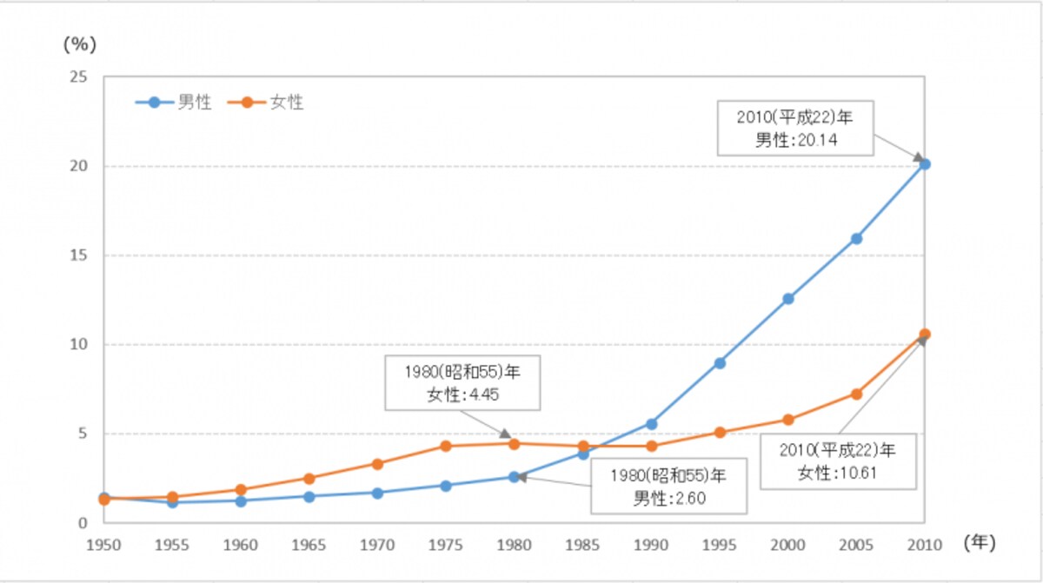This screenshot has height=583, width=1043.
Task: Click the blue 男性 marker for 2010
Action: (x=925, y=164)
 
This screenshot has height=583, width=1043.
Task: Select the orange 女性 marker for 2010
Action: (x=925, y=334)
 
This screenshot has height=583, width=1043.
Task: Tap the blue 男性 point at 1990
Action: (x=651, y=424)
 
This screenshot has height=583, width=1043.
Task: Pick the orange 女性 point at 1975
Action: (x=446, y=446)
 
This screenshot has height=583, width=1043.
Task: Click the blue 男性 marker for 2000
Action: (x=788, y=299)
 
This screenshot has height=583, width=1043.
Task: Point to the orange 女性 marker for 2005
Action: (x=856, y=394)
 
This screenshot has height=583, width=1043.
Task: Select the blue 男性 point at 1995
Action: (x=720, y=363)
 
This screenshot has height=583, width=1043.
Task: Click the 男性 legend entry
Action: (x=174, y=103)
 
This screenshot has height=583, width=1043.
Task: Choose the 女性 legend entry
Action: (x=265, y=103)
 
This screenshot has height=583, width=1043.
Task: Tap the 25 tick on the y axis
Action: (x=79, y=76)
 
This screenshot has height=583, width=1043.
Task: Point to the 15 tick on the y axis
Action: (x=79, y=255)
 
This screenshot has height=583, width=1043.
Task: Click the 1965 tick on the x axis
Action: (x=309, y=545)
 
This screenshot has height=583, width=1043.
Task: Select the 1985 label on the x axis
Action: (x=582, y=545)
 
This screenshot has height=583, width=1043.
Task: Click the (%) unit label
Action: (x=80, y=44)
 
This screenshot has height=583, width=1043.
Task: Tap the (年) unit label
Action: (x=980, y=542)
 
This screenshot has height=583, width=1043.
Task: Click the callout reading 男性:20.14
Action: (x=795, y=128)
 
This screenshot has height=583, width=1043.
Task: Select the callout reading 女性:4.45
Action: (x=462, y=383)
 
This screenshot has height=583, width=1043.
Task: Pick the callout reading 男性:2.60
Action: (x=669, y=487)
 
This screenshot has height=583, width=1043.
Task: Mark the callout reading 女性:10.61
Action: (x=838, y=461)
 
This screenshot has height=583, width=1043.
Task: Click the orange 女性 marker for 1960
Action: (x=241, y=489)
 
